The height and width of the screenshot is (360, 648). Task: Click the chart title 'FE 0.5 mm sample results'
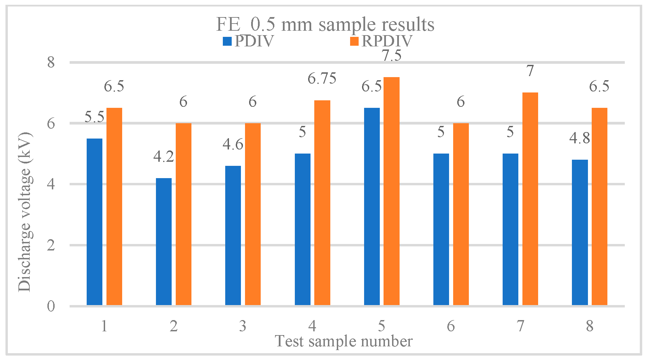[x=325, y=24]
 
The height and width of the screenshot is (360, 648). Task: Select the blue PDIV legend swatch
[x=227, y=41]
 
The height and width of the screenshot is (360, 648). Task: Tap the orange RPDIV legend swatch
[x=355, y=41]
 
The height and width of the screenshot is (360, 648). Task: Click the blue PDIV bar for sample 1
[x=95, y=222]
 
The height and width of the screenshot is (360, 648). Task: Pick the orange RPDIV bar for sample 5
[x=391, y=191]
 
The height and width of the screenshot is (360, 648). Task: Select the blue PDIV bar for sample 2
[x=164, y=242]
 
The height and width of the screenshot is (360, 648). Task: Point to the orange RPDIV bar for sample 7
[x=530, y=199]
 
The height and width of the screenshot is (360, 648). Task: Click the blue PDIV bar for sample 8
[x=580, y=232]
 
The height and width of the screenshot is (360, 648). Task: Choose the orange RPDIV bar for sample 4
[x=322, y=203]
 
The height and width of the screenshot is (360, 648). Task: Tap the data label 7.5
[x=391, y=56]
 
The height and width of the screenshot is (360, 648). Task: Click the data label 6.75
[x=322, y=78]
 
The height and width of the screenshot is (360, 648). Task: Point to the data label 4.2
[x=164, y=157]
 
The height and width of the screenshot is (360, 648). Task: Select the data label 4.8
[x=579, y=138]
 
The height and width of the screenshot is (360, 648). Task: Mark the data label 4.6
[x=233, y=144]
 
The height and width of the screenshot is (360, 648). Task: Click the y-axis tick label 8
[x=51, y=62]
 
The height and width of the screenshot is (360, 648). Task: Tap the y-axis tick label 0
[x=51, y=306]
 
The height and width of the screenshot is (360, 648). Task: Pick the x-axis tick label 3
[x=243, y=326]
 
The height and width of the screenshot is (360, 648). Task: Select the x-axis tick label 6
[x=451, y=326]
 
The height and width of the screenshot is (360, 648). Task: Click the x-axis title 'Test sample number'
[x=344, y=341]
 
